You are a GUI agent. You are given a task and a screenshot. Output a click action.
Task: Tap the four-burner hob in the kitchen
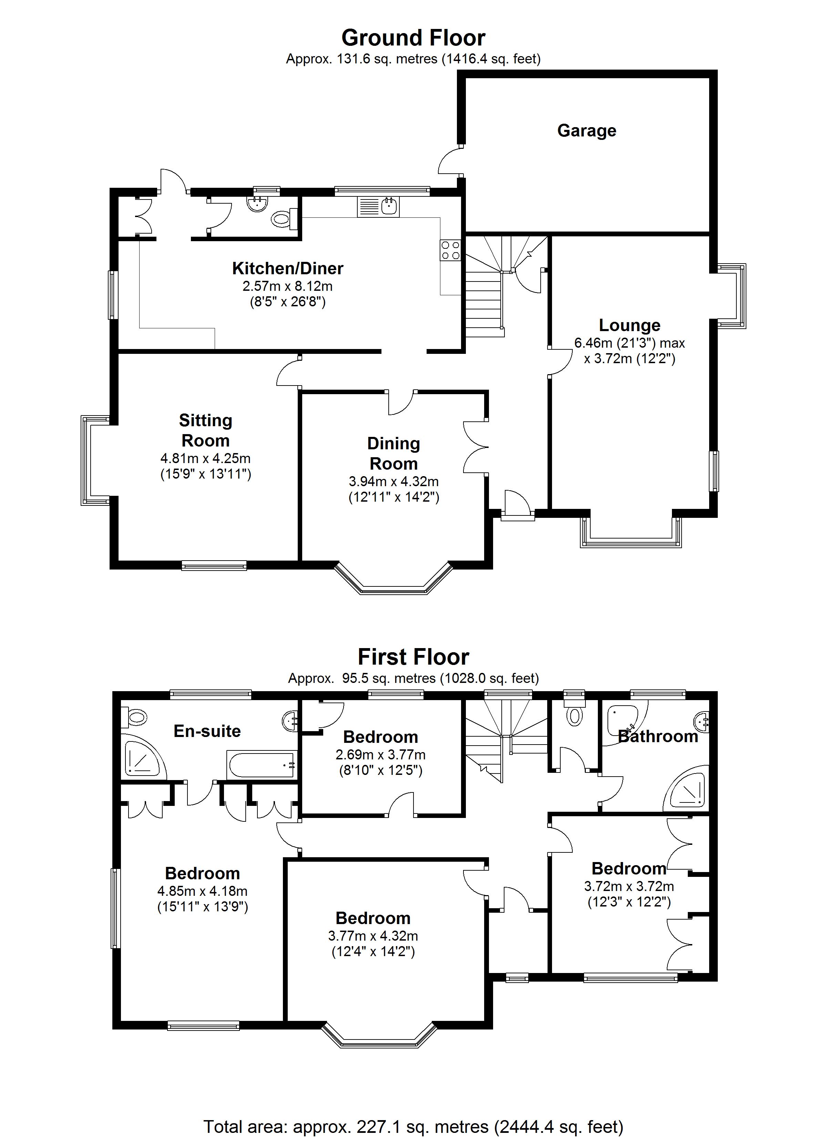[450, 250]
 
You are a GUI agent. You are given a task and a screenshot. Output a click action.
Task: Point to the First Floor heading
[413, 657]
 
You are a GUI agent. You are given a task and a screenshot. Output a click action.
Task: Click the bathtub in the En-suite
[261, 765]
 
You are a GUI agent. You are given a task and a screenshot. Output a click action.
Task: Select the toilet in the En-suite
[135, 717]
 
